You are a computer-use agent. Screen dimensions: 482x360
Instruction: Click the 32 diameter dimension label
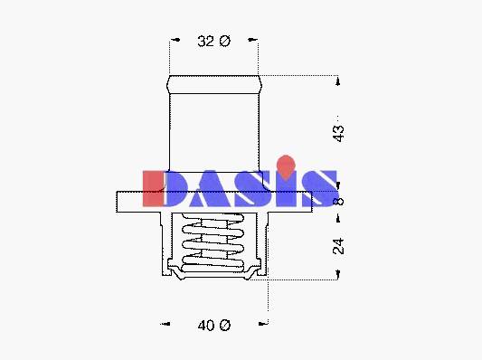pos(213,41)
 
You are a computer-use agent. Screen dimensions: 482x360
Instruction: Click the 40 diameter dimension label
pos(214,326)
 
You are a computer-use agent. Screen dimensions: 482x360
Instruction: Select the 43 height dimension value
pos(339,133)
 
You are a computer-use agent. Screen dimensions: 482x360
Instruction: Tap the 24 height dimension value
pos(339,246)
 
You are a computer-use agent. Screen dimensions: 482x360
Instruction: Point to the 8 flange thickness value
pos(339,202)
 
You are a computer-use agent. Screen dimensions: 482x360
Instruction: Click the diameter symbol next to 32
pos(225,41)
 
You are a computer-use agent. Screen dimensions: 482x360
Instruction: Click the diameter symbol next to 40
pos(225,326)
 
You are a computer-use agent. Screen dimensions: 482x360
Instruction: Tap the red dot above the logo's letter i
pos(286,167)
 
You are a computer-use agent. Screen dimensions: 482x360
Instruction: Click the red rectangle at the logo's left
pos(153,188)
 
